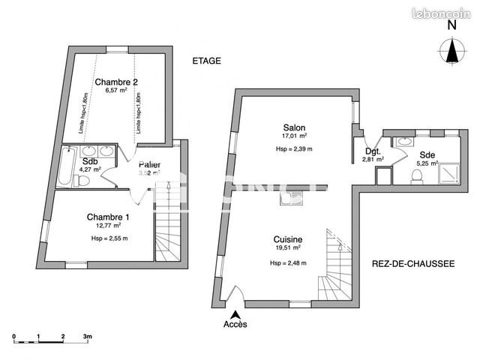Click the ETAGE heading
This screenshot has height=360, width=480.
(x=206, y=61)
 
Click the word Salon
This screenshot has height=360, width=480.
(x=294, y=127)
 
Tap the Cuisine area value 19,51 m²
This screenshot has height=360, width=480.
(x=287, y=247)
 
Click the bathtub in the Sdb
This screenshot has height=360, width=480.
(x=64, y=169)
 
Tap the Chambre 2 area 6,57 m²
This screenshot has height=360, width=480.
(x=115, y=91)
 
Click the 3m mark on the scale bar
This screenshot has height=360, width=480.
(x=88, y=337)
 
